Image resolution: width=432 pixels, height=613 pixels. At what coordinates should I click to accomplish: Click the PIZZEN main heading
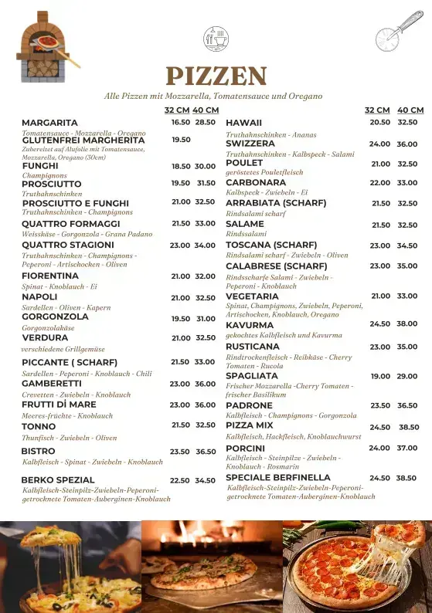click(x=216, y=76)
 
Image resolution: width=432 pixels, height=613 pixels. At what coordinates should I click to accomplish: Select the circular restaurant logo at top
click(x=216, y=37)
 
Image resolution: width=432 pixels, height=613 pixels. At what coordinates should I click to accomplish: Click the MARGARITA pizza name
click(x=49, y=123)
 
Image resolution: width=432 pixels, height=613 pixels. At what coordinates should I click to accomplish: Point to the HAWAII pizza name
click(x=243, y=123)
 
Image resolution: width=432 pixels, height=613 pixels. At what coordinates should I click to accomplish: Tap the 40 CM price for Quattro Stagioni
click(x=205, y=246)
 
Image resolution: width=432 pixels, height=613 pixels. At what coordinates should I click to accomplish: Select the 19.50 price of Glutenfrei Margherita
click(x=181, y=140)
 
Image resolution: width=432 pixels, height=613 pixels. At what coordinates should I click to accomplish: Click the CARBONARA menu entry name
click(x=256, y=183)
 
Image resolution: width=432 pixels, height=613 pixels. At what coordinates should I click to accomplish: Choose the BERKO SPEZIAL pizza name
click(x=58, y=480)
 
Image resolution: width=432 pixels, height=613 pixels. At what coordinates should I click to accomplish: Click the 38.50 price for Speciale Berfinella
click(x=406, y=478)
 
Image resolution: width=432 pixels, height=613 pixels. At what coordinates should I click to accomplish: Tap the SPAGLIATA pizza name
click(x=252, y=376)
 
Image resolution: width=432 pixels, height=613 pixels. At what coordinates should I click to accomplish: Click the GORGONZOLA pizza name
click(x=55, y=317)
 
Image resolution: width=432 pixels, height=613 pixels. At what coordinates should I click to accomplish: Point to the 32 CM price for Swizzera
click(x=379, y=144)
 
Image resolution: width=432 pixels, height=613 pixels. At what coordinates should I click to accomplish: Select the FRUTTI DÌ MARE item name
click(x=59, y=404)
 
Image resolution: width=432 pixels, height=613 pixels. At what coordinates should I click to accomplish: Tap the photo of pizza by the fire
click(x=211, y=566)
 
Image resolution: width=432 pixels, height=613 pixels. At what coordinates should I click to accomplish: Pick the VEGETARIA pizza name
click(x=252, y=296)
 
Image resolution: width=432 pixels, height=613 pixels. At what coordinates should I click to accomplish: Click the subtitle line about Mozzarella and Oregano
click(x=213, y=96)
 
